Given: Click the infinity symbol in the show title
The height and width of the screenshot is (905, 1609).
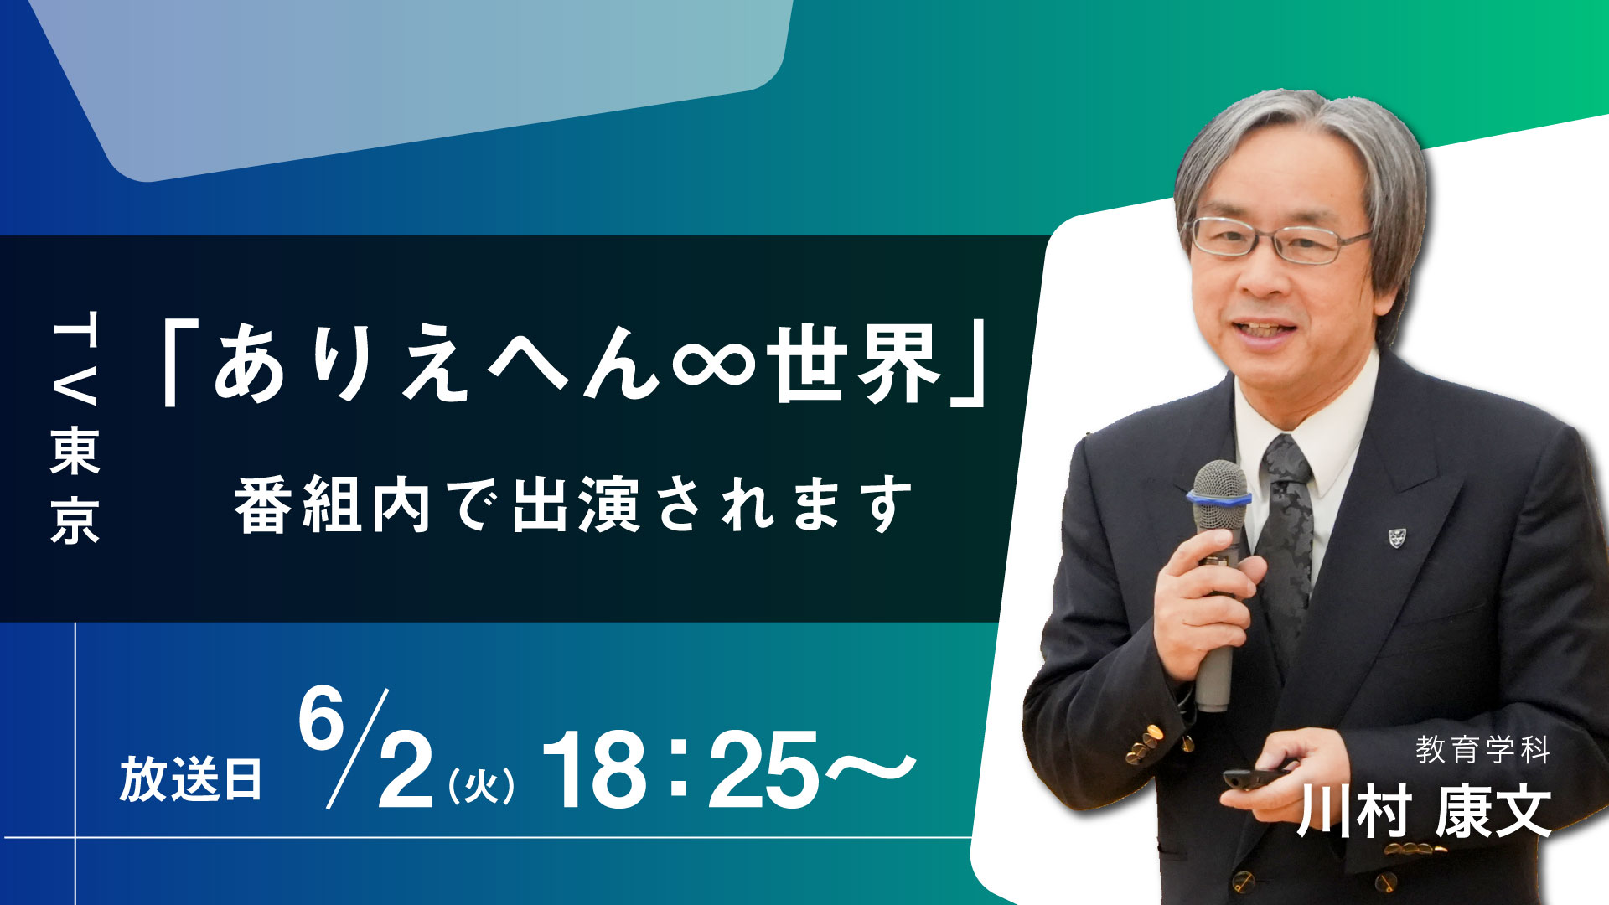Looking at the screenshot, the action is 713,363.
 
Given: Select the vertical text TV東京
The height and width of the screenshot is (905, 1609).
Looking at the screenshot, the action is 75,427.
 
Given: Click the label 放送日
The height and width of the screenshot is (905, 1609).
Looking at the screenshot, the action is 191,779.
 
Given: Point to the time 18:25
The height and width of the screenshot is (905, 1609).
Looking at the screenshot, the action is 680,768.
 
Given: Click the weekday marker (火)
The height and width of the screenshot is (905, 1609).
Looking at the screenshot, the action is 481,786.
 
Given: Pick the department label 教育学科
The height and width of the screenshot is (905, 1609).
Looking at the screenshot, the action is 1482,750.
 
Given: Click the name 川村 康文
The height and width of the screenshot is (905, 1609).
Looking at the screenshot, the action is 1424,811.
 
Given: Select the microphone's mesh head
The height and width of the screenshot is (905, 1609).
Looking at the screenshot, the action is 1219,479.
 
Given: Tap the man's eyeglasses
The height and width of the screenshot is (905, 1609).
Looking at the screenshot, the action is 1280,240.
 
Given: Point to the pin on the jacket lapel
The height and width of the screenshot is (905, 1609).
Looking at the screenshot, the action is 1396,537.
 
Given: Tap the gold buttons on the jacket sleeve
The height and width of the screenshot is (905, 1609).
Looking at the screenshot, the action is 1144,744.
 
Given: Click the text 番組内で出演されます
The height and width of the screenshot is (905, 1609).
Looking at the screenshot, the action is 574,504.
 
